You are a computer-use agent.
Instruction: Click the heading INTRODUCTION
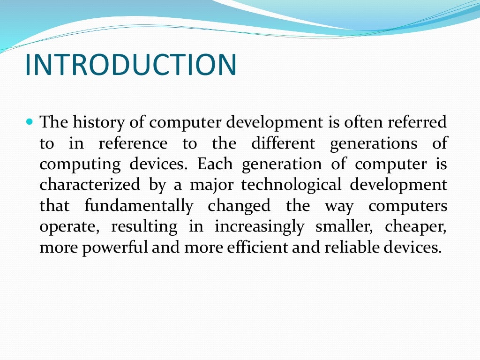(130, 65)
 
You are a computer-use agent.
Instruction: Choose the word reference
(132, 143)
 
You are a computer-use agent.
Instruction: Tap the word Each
(215, 164)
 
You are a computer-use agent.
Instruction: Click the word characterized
(90, 185)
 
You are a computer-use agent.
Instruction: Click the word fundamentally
(139, 206)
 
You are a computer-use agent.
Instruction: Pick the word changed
(240, 206)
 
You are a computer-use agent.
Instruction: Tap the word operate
(70, 227)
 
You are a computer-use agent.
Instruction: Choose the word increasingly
(259, 227)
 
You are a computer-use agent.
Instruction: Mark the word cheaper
(416, 227)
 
